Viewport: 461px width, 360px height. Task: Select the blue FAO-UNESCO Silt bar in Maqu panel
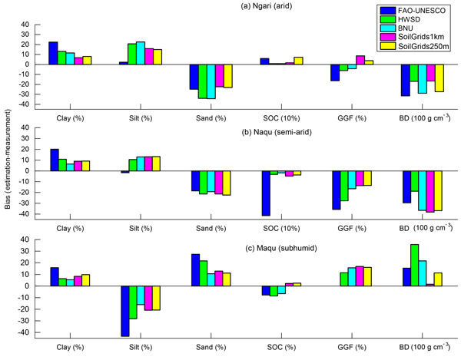[124, 311]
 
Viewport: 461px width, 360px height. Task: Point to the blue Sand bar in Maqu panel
[195, 269]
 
